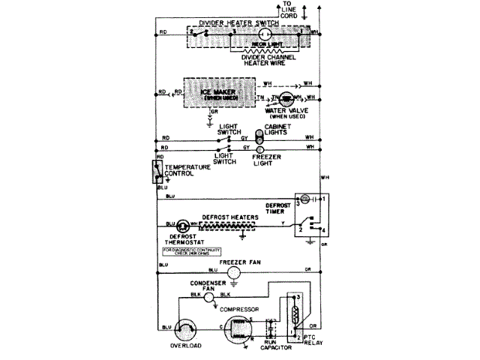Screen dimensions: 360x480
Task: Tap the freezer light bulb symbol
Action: (x=260, y=149)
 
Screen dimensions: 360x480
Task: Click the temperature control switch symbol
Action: (x=157, y=172)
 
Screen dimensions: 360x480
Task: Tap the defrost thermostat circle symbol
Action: (x=182, y=224)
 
